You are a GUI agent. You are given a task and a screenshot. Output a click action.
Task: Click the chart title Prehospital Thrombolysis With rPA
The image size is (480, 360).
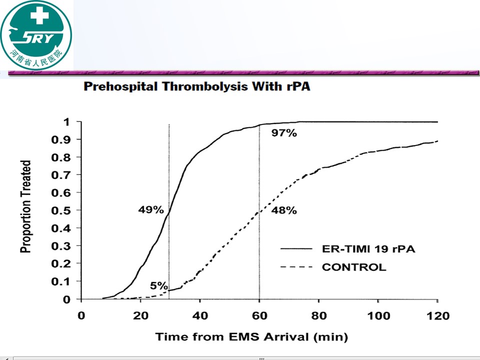197,86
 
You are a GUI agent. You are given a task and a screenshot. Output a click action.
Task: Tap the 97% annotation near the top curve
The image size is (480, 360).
284,133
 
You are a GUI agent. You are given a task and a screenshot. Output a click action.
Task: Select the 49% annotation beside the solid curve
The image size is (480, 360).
151,210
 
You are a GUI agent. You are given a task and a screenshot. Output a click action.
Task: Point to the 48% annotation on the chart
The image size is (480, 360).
284,210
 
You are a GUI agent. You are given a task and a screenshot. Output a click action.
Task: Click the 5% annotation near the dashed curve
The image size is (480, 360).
159,285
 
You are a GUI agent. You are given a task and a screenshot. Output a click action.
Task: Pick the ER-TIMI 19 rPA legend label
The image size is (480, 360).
368,249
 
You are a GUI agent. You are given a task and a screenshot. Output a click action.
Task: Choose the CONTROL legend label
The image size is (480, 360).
354,267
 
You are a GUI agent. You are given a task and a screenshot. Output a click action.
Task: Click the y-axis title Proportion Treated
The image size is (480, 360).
25,206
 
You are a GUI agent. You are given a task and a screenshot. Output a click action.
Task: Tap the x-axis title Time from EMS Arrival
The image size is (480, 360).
251,337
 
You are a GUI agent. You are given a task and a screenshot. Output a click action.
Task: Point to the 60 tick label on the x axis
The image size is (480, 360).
259,315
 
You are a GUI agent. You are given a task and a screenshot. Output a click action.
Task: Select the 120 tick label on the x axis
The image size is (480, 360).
438,315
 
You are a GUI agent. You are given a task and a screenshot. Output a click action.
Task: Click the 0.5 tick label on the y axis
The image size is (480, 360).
61,210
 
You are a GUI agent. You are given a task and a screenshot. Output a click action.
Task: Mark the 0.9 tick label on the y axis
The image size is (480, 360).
61,140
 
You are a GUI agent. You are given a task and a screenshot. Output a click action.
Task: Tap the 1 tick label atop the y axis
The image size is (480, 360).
66,122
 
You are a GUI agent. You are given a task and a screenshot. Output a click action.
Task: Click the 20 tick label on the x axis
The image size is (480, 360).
140,315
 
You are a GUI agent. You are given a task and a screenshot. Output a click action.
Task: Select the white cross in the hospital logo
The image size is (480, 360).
40,15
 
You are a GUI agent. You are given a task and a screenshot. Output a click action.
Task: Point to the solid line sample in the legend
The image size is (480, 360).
296,249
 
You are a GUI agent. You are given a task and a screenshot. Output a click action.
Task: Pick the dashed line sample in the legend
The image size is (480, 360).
296,267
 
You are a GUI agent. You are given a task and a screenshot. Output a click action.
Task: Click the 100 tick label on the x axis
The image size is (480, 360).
378,315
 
